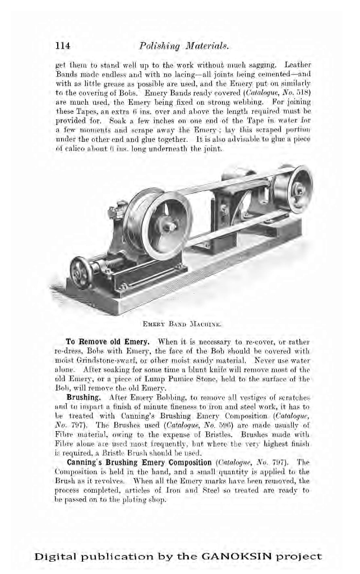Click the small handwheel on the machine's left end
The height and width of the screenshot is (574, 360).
(82, 273)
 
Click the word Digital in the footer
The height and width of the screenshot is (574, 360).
(57, 557)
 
